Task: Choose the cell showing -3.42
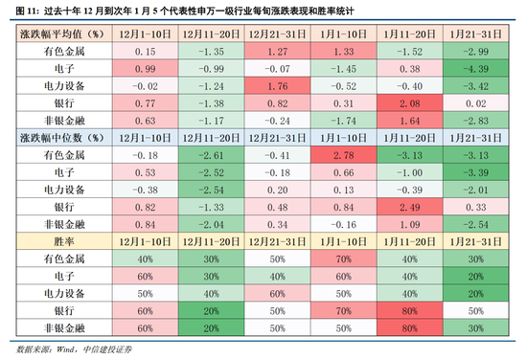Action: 476,86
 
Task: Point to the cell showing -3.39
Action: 476,172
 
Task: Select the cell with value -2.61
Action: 210,155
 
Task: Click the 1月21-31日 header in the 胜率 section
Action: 476,236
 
